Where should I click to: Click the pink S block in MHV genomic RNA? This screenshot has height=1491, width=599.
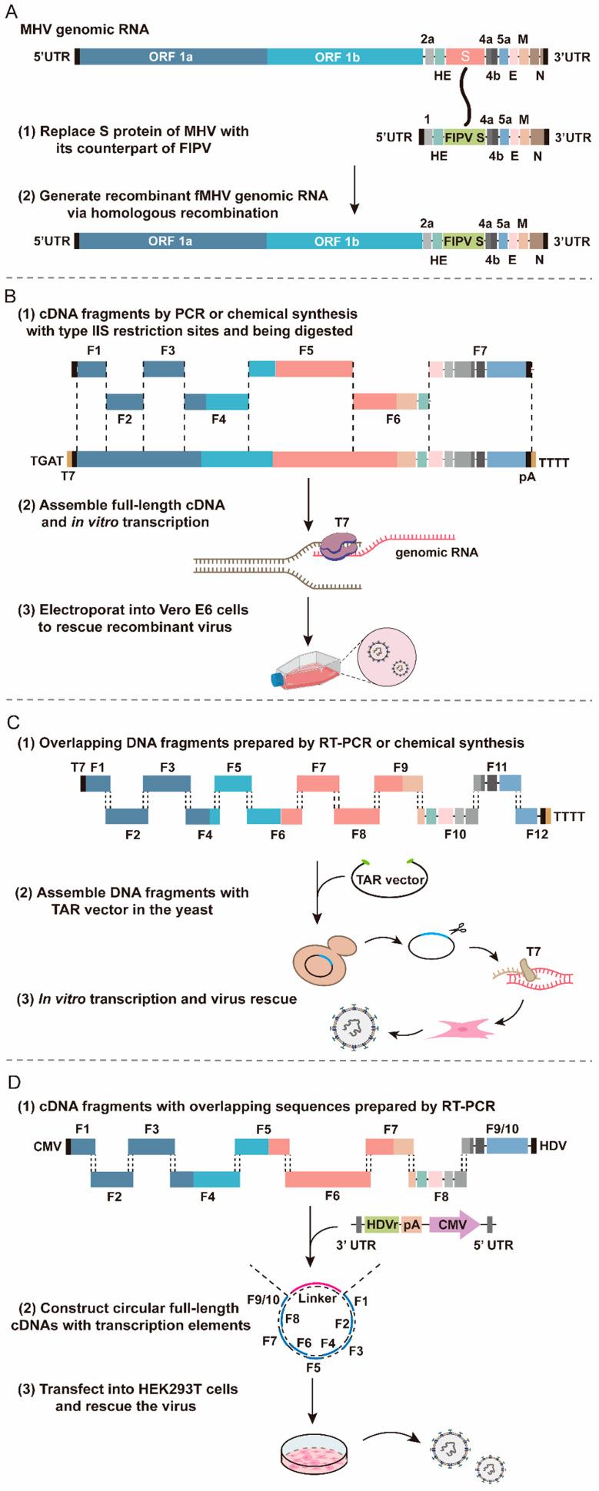464,56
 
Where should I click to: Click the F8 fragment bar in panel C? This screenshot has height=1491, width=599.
356,815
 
